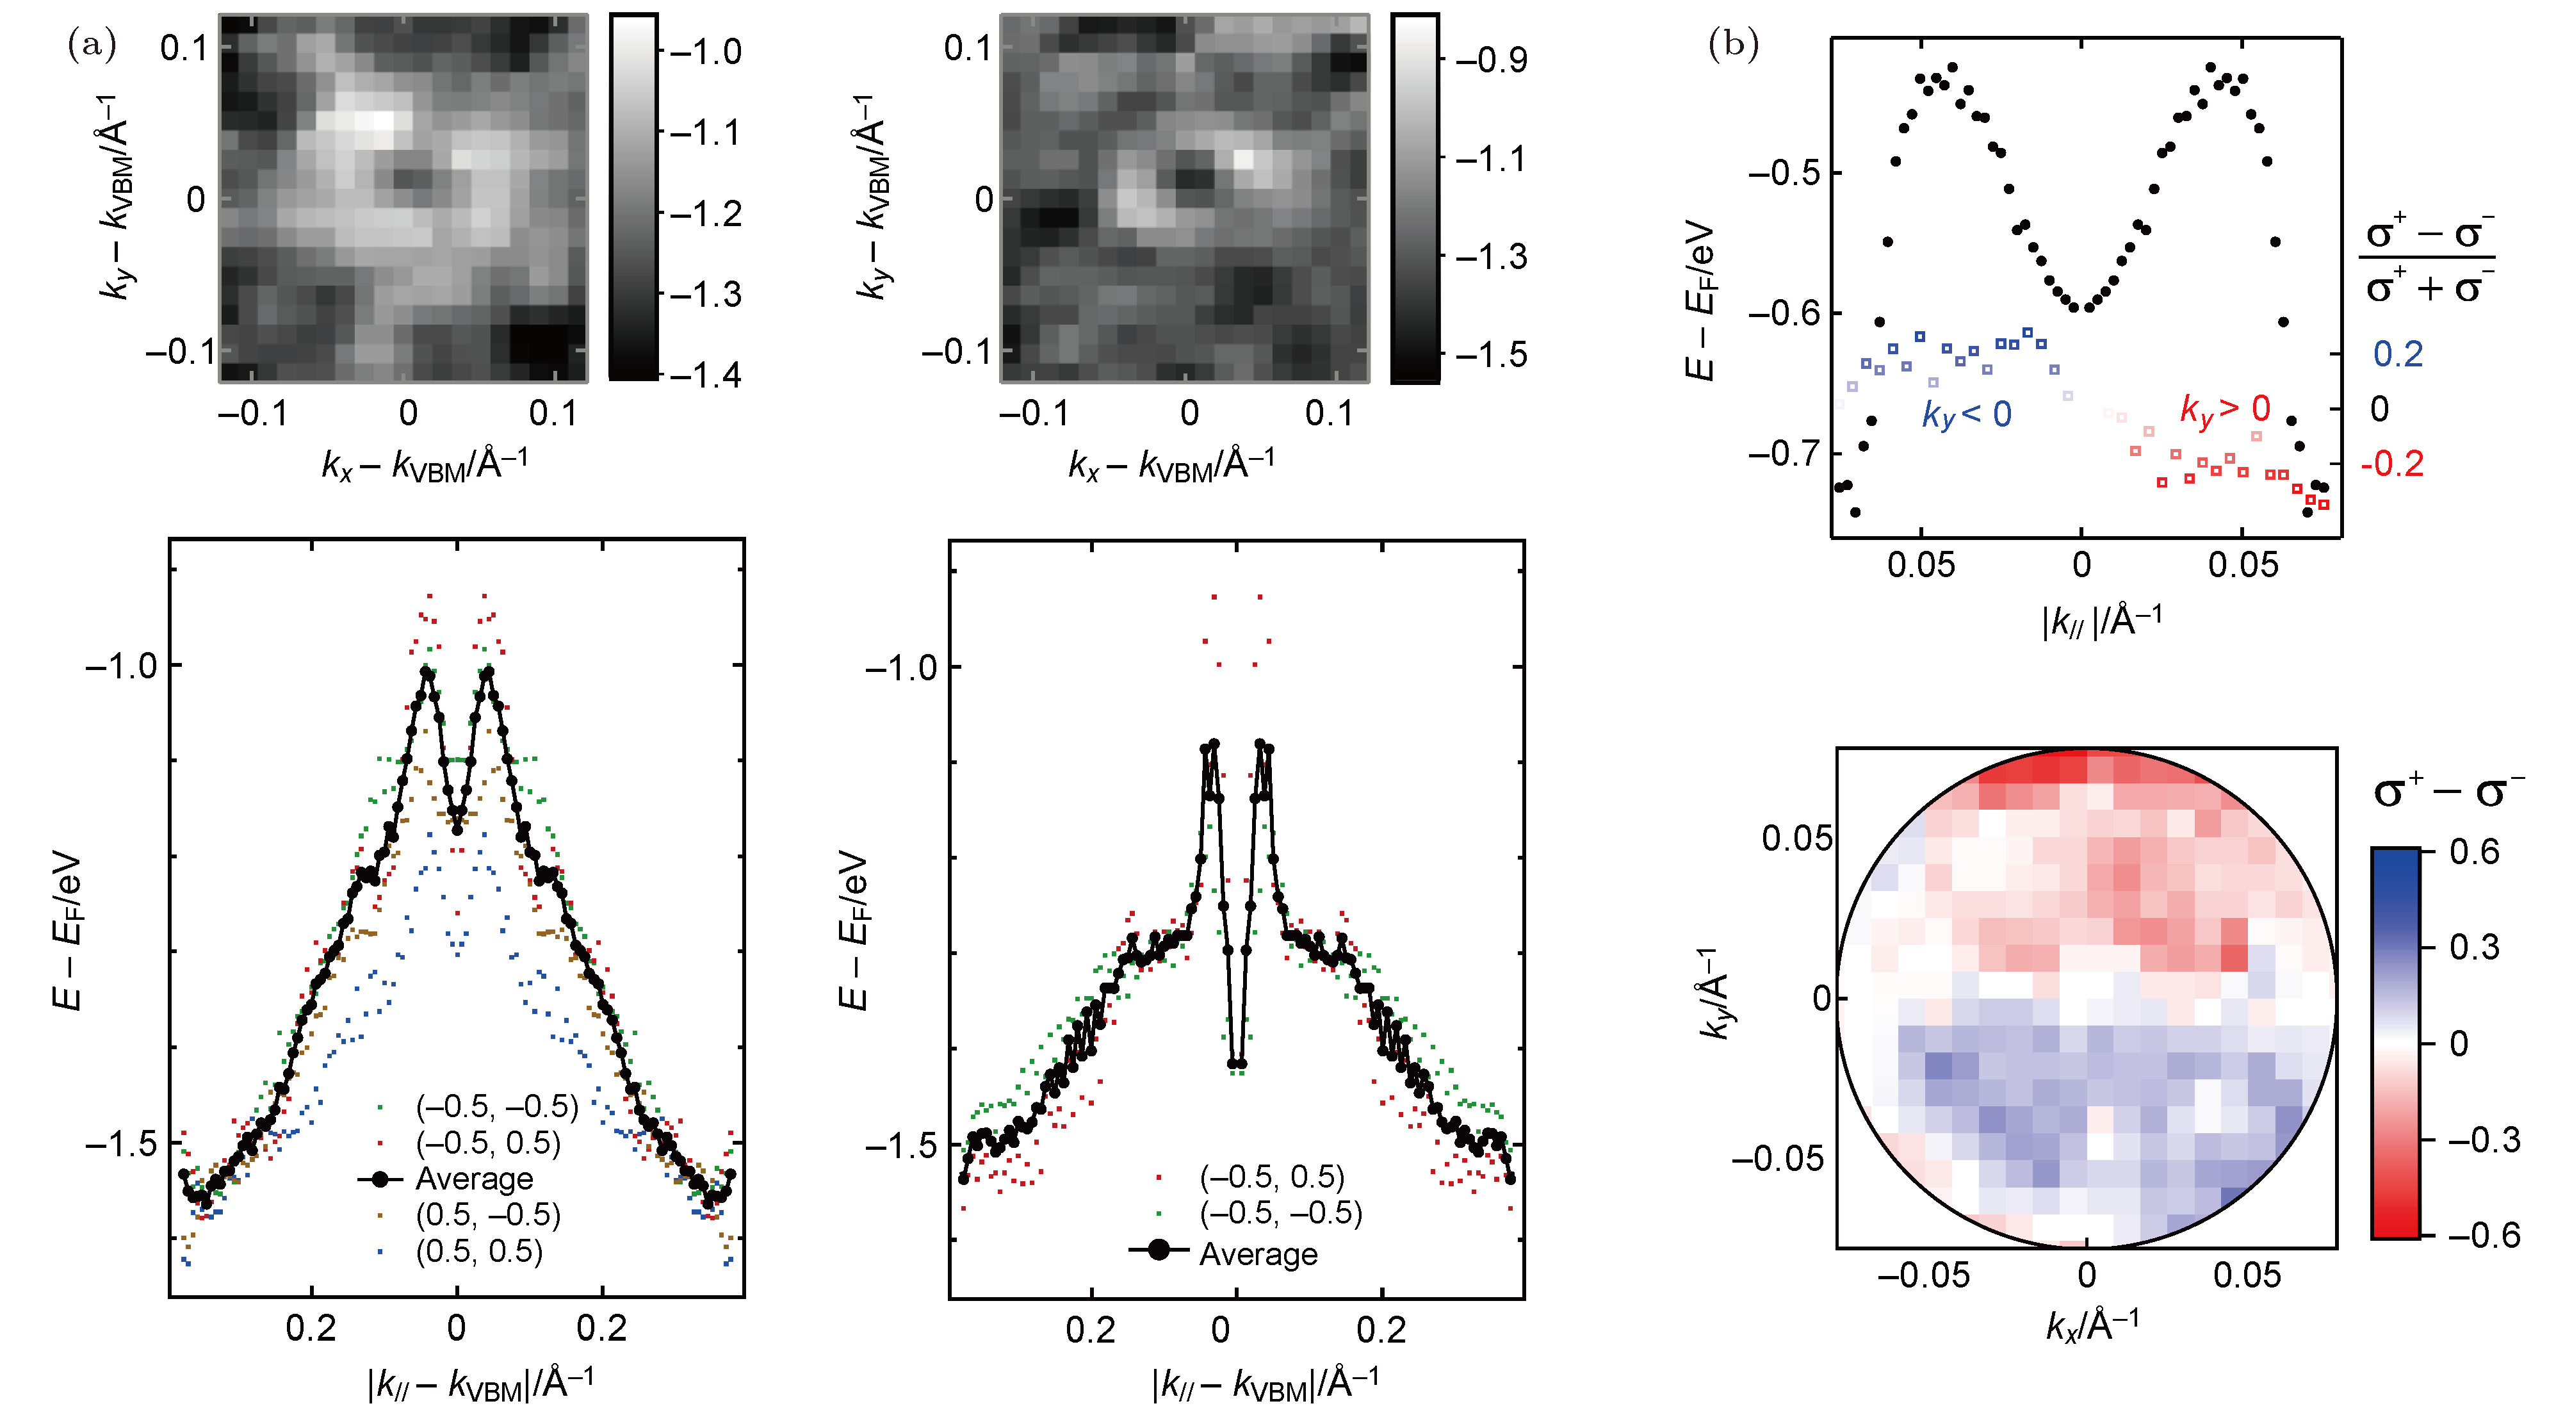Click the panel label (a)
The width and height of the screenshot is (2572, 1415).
(x=91, y=45)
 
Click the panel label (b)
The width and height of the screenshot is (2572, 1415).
(x=1733, y=45)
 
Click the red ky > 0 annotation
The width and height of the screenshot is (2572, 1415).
(x=2224, y=409)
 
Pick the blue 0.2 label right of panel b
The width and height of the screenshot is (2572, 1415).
(x=2397, y=354)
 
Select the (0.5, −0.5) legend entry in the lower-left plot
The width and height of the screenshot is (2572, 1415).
(x=487, y=1215)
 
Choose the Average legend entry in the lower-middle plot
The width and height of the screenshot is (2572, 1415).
(x=1257, y=1254)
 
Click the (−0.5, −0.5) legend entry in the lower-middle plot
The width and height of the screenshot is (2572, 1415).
(x=1280, y=1213)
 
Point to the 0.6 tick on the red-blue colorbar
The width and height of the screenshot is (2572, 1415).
(x=2474, y=852)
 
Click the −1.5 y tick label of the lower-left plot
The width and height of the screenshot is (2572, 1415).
(x=122, y=1143)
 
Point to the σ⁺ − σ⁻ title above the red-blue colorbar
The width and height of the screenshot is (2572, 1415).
(x=2448, y=791)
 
